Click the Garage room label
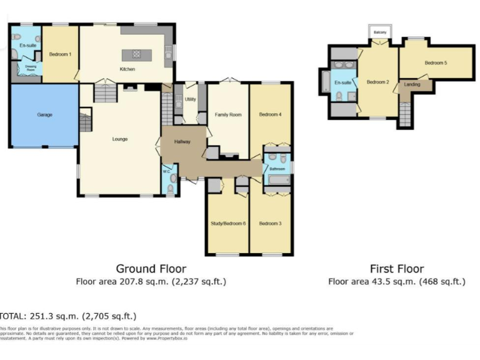point(44,115)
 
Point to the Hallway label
point(182,142)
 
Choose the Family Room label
point(228,115)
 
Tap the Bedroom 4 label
point(271,114)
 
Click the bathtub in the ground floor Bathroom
point(278,180)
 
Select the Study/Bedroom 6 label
point(227,223)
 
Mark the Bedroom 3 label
point(270,223)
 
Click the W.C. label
point(166,171)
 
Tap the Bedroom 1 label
point(60,54)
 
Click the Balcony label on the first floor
point(380,32)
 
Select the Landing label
point(412,84)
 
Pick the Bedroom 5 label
point(436,62)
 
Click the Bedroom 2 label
point(377,82)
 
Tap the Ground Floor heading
point(151,269)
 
